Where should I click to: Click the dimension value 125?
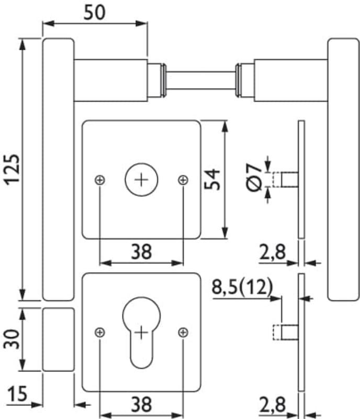click(12, 169)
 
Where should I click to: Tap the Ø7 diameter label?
click(253, 179)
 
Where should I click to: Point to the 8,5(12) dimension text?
click(243, 287)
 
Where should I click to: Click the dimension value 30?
click(12, 339)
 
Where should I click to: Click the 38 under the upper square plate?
click(141, 252)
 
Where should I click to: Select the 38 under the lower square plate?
click(141, 404)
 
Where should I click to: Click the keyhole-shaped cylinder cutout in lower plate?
click(141, 330)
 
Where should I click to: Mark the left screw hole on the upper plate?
click(100, 180)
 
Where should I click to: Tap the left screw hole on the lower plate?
click(100, 332)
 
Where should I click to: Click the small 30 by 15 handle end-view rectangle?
click(58, 339)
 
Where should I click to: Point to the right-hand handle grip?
click(343, 169)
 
